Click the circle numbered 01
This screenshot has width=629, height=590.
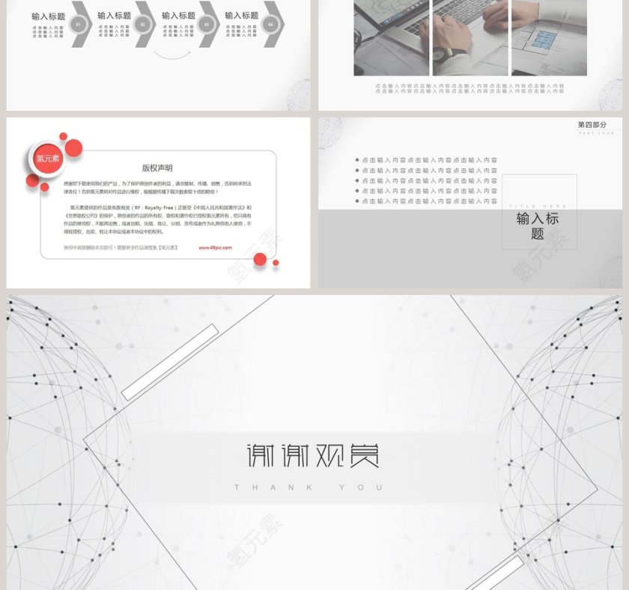click(x=79, y=24)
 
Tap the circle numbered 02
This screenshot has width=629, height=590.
click(x=142, y=24)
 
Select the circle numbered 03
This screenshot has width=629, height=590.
click(x=207, y=24)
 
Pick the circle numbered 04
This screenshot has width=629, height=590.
click(x=270, y=24)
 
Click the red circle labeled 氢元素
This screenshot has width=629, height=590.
click(x=49, y=159)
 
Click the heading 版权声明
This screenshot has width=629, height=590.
click(x=157, y=168)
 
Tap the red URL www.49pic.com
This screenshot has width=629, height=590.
click(x=215, y=247)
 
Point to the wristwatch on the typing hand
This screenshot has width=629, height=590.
click(x=440, y=54)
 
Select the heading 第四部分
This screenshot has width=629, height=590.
click(x=592, y=125)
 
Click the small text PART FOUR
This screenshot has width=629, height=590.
click(x=596, y=133)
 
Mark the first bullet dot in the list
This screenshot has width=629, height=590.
click(x=357, y=160)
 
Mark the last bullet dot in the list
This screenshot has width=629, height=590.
click(x=357, y=201)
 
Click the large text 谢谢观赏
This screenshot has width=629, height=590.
click(x=313, y=455)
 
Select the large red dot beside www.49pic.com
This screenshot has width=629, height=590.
click(x=260, y=259)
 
